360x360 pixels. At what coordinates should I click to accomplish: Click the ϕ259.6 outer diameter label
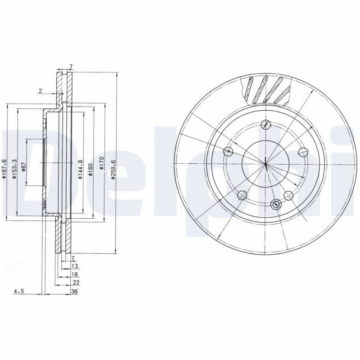[113, 169]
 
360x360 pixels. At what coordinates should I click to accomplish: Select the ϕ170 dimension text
[102, 163]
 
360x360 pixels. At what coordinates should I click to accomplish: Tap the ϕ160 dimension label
[91, 170]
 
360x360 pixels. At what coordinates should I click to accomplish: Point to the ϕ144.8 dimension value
[80, 170]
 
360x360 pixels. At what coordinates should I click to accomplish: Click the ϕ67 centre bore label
[23, 166]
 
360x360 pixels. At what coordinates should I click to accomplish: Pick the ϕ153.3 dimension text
[14, 169]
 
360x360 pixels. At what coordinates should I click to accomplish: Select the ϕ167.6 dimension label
[4, 169]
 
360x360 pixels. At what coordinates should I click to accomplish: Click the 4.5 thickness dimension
[19, 292]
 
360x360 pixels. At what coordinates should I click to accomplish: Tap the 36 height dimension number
[74, 292]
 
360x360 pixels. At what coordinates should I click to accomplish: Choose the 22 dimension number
[76, 283]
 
